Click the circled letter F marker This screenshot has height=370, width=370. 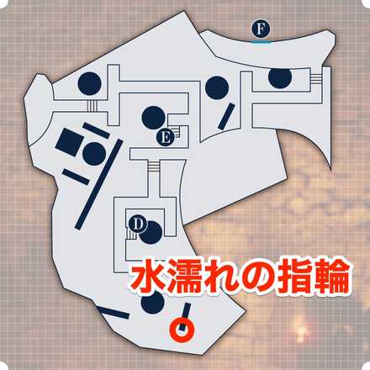[x=261, y=29]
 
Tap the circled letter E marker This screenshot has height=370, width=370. [x=166, y=138]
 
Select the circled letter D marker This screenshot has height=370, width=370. [x=137, y=225]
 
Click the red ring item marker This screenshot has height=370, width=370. [x=182, y=330]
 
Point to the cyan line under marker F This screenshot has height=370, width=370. [x=261, y=42]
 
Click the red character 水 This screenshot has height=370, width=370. [x=146, y=277]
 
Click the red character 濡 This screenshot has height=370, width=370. [x=183, y=277]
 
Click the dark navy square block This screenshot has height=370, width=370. [x=69, y=142]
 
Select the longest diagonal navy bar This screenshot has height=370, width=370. [x=99, y=184]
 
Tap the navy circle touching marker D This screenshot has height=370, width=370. [x=151, y=232]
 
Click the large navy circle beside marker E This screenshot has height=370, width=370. [x=153, y=118]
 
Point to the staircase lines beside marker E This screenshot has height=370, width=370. [x=176, y=131]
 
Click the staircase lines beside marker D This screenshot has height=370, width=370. [x=130, y=234]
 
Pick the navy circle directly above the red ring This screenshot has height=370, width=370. [x=152, y=304]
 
